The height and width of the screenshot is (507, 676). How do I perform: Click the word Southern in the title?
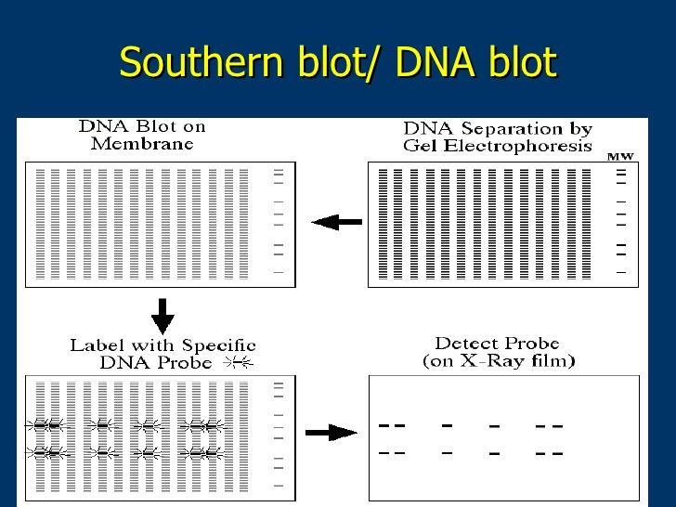[201, 62]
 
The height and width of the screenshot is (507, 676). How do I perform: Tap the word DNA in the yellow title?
[435, 62]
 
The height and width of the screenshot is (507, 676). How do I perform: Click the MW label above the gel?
[620, 157]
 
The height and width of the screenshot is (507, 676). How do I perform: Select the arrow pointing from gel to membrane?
[337, 222]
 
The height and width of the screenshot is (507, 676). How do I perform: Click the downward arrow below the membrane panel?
[162, 317]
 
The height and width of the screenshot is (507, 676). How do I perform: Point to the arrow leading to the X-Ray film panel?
[331, 433]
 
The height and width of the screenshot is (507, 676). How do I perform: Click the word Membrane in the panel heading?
[142, 144]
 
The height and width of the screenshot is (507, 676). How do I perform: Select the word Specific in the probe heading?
[219, 345]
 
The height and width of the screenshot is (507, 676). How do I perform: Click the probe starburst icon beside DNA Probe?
[239, 363]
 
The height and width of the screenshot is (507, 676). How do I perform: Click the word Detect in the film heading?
[464, 344]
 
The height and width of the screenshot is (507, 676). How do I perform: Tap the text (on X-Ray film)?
[499, 360]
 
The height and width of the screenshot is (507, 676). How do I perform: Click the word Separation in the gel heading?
[512, 129]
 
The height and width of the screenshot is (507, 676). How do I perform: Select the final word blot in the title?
[522, 62]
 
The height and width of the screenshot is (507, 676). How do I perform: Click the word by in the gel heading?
[580, 129]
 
